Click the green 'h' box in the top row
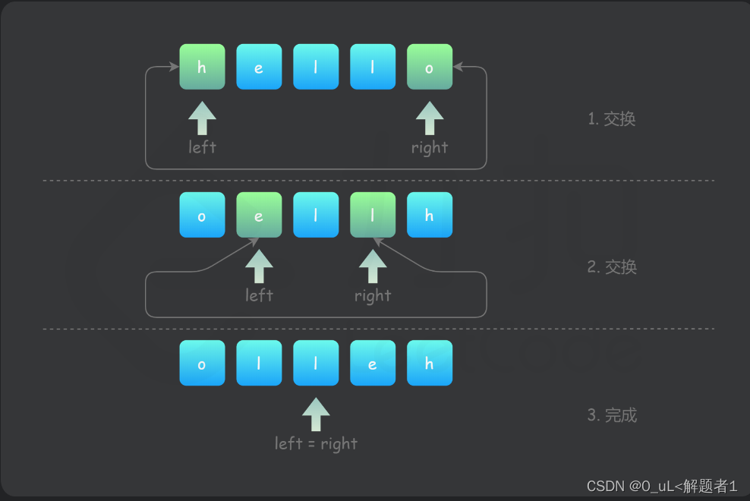pyautogui.click(x=202, y=67)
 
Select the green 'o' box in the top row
pyautogui.click(x=430, y=67)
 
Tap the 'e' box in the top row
pyautogui.click(x=259, y=67)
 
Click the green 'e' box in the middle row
pyautogui.click(x=259, y=215)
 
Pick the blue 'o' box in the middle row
pyautogui.click(x=202, y=215)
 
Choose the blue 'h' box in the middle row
pyautogui.click(x=430, y=215)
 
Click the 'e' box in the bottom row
pyautogui.click(x=373, y=363)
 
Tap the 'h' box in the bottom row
pyautogui.click(x=430, y=363)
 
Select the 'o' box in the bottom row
pyautogui.click(x=202, y=363)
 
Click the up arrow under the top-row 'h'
pyautogui.click(x=202, y=118)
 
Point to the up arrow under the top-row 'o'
pyautogui.click(x=430, y=118)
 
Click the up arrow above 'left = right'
pyautogui.click(x=316, y=414)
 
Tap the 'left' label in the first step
pyautogui.click(x=202, y=147)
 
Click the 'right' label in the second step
pyautogui.click(x=373, y=296)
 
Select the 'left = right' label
pyautogui.click(x=316, y=444)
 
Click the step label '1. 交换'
pyautogui.click(x=612, y=118)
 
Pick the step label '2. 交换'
pyautogui.click(x=613, y=267)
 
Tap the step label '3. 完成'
pyautogui.click(x=613, y=415)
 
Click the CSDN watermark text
pyautogui.click(x=662, y=486)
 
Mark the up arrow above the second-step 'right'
pyautogui.click(x=373, y=266)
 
